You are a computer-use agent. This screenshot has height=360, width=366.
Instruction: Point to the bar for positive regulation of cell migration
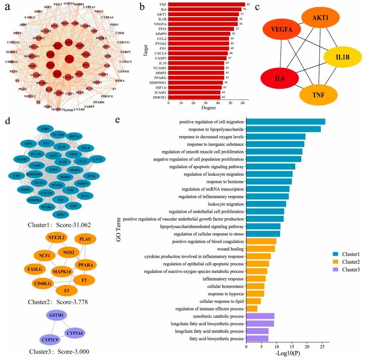tap(285, 121)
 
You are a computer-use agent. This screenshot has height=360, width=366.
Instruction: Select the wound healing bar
tap(260, 249)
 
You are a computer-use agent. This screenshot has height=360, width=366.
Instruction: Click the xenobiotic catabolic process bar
tap(260, 316)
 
